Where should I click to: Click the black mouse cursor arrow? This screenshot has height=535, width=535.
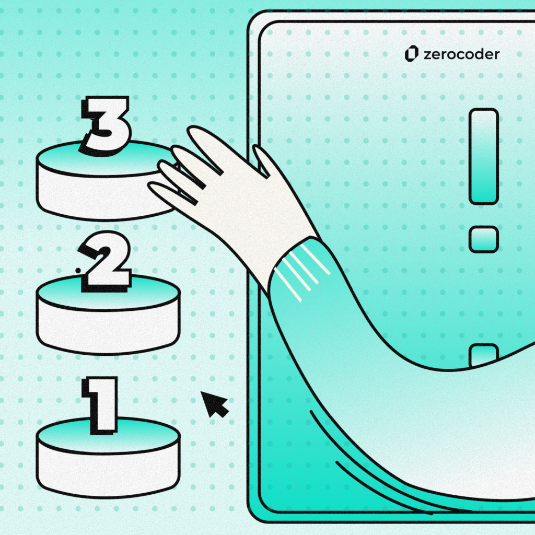[214, 404]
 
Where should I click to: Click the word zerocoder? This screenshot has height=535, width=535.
[462, 54]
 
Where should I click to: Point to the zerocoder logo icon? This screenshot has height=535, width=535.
[412, 54]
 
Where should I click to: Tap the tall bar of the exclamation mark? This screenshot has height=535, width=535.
[483, 156]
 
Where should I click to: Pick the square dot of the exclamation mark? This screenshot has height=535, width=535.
[483, 239]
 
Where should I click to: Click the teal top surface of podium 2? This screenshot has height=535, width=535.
[109, 293]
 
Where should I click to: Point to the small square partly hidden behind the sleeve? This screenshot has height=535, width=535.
[483, 355]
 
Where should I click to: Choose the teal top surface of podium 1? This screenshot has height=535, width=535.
[109, 436]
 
